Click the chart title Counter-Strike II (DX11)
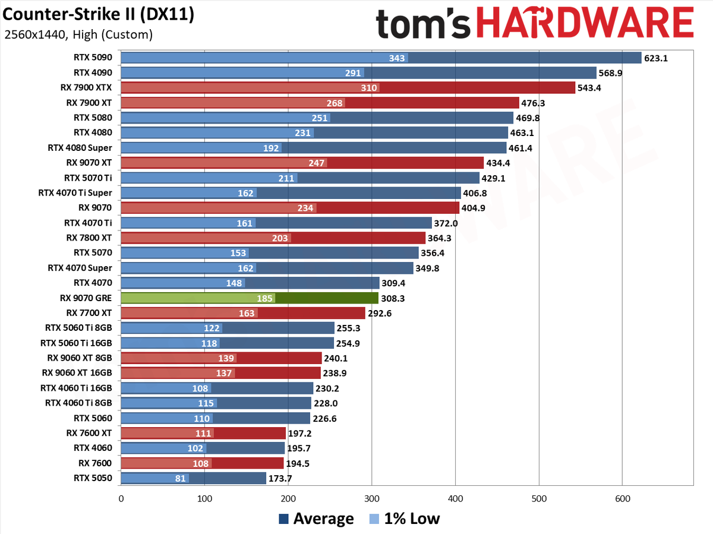(x=98, y=15)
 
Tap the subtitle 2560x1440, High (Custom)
(x=78, y=34)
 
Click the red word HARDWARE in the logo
(x=585, y=23)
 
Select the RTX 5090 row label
(x=93, y=58)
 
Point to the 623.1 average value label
(x=656, y=58)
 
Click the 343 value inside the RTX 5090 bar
(x=397, y=58)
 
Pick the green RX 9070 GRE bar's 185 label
(x=264, y=298)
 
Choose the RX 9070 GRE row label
(x=86, y=298)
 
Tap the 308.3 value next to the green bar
(x=393, y=298)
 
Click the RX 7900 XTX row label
(x=86, y=88)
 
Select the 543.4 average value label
(x=589, y=88)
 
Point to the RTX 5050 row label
(x=93, y=478)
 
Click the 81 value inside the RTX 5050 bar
(x=180, y=479)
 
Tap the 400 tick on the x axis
(x=455, y=498)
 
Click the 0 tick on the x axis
(x=121, y=498)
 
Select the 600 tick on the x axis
(x=623, y=498)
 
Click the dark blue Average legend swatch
(x=283, y=519)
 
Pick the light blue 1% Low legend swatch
(x=374, y=519)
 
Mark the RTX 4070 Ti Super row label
(x=75, y=193)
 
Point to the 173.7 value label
(x=280, y=479)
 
